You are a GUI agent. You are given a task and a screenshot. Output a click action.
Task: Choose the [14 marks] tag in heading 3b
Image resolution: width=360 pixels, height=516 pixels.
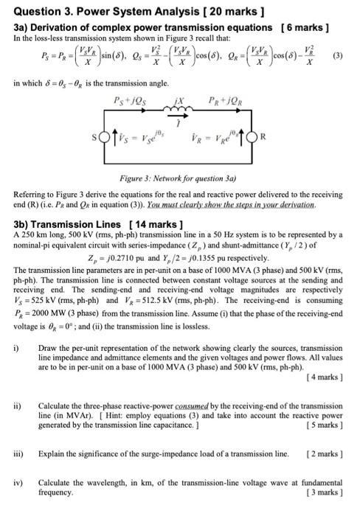155,223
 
